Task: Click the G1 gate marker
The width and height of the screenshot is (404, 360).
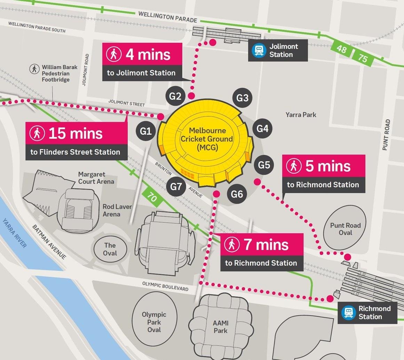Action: pos(146,131)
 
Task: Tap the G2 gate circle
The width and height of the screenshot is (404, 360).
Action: pos(175,96)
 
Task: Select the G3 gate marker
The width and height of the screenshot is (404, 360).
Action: pos(242,98)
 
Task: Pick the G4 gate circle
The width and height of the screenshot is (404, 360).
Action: pos(262,128)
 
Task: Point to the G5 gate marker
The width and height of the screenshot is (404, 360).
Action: pos(264,164)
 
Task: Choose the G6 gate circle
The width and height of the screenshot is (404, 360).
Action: pos(237,194)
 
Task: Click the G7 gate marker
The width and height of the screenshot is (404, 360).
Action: pos(176,187)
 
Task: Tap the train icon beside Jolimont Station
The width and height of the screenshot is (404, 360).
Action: pos(259,50)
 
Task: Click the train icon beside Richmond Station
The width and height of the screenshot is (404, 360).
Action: pos(348,312)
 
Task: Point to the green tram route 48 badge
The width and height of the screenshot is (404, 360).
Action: pos(341,48)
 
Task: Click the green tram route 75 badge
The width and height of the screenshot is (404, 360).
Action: pos(363,57)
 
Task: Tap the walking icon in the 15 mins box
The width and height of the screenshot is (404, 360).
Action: pos(37,133)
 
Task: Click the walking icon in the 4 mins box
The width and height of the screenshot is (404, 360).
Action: pos(114,54)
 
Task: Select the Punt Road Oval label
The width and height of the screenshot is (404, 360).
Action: pos(345,229)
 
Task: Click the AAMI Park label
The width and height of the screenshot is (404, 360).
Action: pos(220,327)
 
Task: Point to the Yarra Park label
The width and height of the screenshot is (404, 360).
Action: pos(301,115)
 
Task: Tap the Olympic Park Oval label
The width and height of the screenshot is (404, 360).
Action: pos(154,322)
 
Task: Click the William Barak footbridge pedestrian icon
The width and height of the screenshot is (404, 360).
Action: pos(34,69)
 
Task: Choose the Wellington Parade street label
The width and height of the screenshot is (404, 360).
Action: pos(167,17)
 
